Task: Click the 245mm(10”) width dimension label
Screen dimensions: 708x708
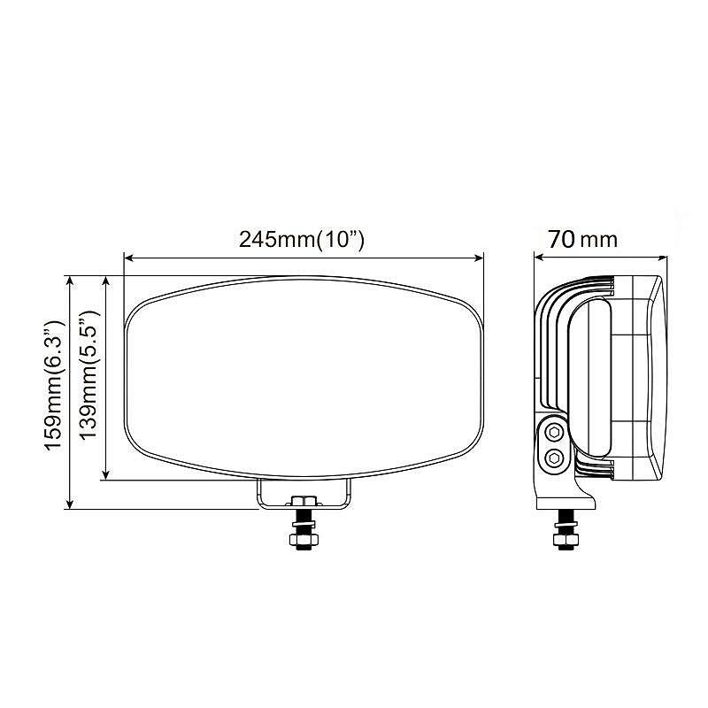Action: [301, 239]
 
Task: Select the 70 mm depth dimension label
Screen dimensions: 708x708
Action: [582, 239]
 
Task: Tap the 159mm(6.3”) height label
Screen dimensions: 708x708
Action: [55, 385]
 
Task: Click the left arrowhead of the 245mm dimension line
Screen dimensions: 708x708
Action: [129, 258]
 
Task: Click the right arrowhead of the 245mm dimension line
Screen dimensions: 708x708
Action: [478, 258]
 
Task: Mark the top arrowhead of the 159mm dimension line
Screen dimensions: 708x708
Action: [70, 281]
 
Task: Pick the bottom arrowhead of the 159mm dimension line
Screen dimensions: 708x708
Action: [70, 504]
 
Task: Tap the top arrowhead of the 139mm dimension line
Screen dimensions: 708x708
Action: [106, 281]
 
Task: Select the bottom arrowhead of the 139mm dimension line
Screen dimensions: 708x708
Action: [106, 474]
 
